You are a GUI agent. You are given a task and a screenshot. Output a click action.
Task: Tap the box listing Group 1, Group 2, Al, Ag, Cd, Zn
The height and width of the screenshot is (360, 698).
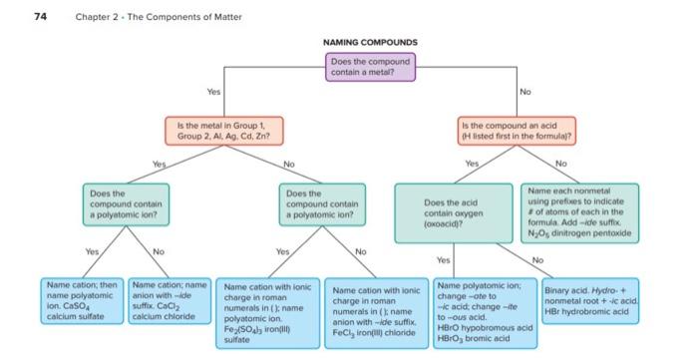tap(225, 129)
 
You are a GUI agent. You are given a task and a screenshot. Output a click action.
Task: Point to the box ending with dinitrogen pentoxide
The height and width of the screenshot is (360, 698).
tap(576, 210)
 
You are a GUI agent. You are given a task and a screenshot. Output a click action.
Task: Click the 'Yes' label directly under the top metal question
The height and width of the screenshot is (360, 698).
tap(212, 91)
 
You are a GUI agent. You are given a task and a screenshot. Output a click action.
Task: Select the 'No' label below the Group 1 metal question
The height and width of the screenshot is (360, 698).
tap(289, 163)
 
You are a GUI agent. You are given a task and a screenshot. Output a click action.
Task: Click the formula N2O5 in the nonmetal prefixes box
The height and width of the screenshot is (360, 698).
tap(539, 235)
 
